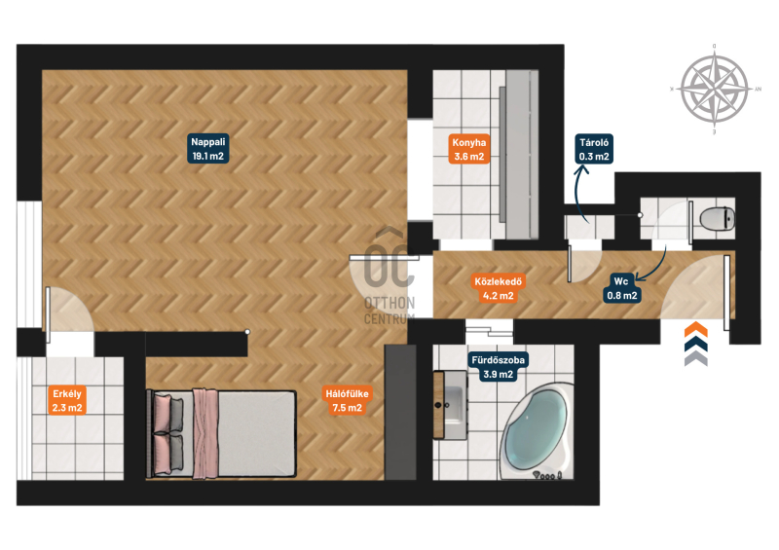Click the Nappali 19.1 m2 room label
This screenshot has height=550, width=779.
click(207, 149)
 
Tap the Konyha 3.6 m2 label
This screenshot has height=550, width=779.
click(468, 150)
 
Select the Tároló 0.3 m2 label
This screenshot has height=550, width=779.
click(594, 149)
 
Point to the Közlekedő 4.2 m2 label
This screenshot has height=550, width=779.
click(498, 289)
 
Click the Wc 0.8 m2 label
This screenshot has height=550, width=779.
click(621, 289)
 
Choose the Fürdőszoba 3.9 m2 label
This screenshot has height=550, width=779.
click(498, 367)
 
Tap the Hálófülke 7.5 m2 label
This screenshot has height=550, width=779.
click(347, 400)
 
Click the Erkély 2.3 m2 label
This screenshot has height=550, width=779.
click(67, 400)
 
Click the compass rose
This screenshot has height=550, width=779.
click(715, 90)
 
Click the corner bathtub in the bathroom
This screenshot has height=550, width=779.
click(536, 430)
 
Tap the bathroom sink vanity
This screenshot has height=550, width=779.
click(450, 405)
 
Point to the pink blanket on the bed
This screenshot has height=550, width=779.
click(205, 434)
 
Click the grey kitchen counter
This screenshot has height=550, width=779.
click(519, 155)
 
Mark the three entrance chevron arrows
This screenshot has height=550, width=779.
click(696, 344)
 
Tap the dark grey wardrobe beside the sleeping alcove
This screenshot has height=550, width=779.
click(400, 412)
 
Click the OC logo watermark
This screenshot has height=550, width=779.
click(389, 275)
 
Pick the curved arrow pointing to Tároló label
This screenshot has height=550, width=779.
click(581, 194)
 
